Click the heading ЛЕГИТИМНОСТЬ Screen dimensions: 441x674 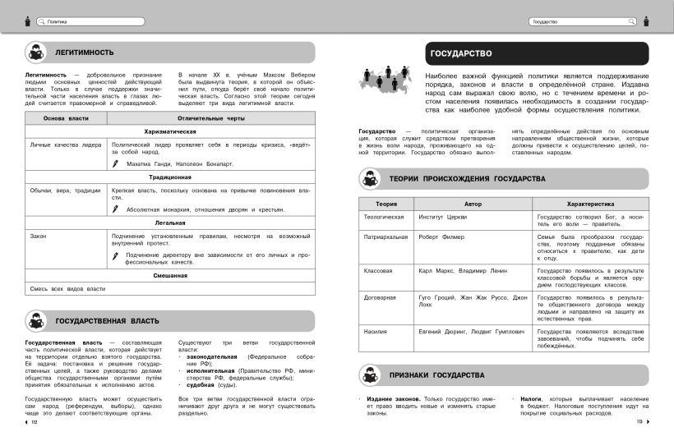[84, 53]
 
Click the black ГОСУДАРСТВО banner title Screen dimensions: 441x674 [460, 54]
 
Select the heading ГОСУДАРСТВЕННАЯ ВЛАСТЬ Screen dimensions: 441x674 [107, 320]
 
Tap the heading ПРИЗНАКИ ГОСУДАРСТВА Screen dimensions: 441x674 [436, 375]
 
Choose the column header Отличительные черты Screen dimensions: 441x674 [211, 119]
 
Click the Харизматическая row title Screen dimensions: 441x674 [170, 131]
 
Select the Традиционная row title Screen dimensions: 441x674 [170, 177]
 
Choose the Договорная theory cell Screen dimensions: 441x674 [381, 296]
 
